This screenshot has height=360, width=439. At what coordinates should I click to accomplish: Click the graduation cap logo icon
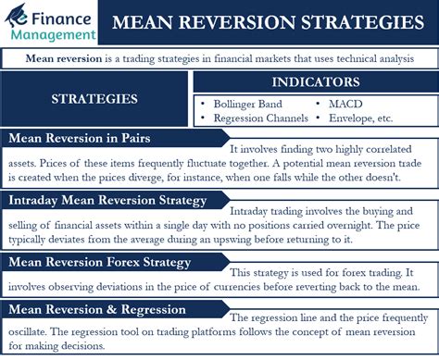pyautogui.click(x=17, y=16)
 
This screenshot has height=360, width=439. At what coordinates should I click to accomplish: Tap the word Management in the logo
pyautogui.click(x=54, y=35)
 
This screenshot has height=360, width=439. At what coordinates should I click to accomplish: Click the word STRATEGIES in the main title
pyautogui.click(x=362, y=22)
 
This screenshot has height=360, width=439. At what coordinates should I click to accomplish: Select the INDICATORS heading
pyautogui.click(x=316, y=82)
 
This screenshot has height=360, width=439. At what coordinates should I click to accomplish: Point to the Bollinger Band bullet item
pyautogui.click(x=247, y=104)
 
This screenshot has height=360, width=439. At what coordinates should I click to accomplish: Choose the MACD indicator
pyautogui.click(x=345, y=104)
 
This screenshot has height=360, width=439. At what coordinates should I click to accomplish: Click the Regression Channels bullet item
pyautogui.click(x=261, y=118)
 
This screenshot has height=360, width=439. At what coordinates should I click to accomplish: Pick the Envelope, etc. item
pyautogui.click(x=360, y=118)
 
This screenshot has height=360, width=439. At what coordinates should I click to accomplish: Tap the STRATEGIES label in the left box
pyautogui.click(x=94, y=99)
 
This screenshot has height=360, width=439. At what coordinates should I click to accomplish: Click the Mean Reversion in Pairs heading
pyautogui.click(x=80, y=138)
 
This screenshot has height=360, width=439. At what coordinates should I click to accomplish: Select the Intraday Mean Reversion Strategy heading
pyautogui.click(x=107, y=201)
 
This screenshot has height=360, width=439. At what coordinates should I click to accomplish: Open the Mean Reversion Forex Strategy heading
pyautogui.click(x=99, y=262)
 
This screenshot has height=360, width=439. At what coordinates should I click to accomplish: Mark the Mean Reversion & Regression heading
pyautogui.click(x=97, y=309)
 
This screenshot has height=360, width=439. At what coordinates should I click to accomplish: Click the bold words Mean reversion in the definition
pyautogui.click(x=64, y=58)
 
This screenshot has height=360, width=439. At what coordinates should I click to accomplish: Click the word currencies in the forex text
pyautogui.click(x=237, y=287)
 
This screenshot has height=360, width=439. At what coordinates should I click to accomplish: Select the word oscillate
pyautogui.click(x=27, y=332)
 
